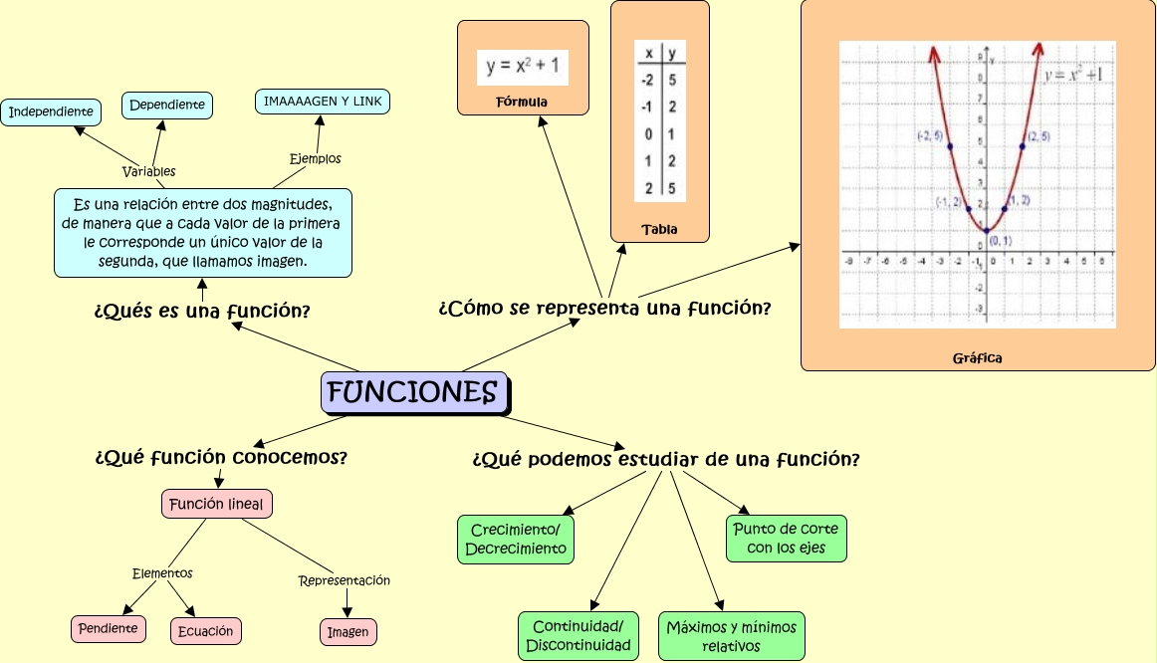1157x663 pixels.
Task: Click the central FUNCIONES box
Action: (413, 392)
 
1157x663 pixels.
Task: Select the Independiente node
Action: (51, 111)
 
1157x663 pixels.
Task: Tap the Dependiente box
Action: (167, 105)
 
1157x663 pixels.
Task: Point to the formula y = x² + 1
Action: (523, 67)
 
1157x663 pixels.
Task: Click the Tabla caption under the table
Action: (659, 229)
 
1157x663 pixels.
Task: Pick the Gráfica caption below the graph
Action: (977, 357)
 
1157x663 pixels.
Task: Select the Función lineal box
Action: (216, 505)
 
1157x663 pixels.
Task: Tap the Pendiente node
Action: (109, 629)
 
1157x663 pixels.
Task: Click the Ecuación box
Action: (206, 631)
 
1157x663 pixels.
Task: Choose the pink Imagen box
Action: (348, 632)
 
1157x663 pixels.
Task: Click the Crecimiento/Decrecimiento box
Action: (516, 540)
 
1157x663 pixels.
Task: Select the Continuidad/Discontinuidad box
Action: (578, 636)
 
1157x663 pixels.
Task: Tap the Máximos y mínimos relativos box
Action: (731, 636)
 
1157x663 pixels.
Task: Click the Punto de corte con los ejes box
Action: (786, 539)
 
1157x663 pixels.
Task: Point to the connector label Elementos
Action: (162, 573)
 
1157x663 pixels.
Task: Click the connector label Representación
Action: (345, 580)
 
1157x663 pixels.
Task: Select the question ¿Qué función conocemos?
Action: (221, 458)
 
